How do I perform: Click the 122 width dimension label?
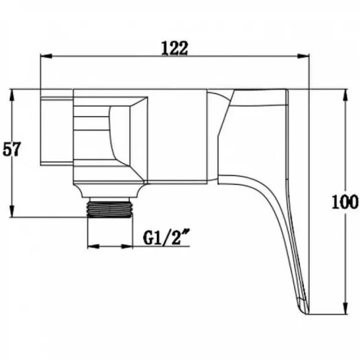[x=174, y=48]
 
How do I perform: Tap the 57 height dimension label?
[x=12, y=149]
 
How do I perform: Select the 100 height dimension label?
[x=345, y=202]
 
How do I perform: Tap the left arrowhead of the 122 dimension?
[x=46, y=56]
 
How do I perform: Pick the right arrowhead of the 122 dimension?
[x=303, y=56]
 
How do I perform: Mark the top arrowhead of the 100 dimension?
[x=345, y=95]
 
